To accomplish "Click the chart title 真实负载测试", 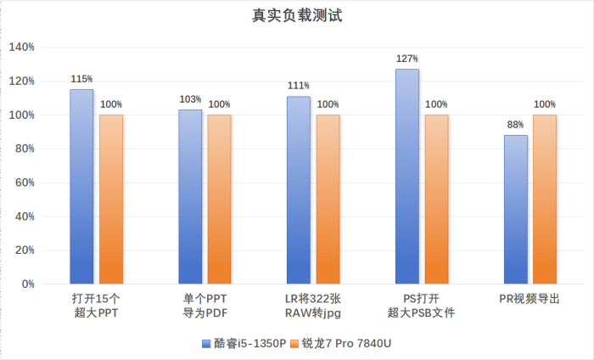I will [297, 15].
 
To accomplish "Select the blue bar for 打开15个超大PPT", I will [81, 187].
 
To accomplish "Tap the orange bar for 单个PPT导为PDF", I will [219, 200].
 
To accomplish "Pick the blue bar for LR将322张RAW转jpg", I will [299, 190].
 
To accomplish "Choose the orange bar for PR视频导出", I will [545, 200].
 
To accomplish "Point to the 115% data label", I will [81, 79].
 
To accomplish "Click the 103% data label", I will [190, 99].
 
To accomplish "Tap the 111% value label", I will [299, 86].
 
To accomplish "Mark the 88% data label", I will [516, 125].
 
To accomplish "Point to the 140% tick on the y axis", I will [21, 48].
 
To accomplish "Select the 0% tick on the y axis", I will [27, 284].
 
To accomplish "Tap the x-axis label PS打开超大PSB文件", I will [422, 306].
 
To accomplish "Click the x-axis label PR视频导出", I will [530, 299].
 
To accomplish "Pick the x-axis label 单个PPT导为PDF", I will [205, 306].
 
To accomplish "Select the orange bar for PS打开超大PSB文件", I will [436, 200].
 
